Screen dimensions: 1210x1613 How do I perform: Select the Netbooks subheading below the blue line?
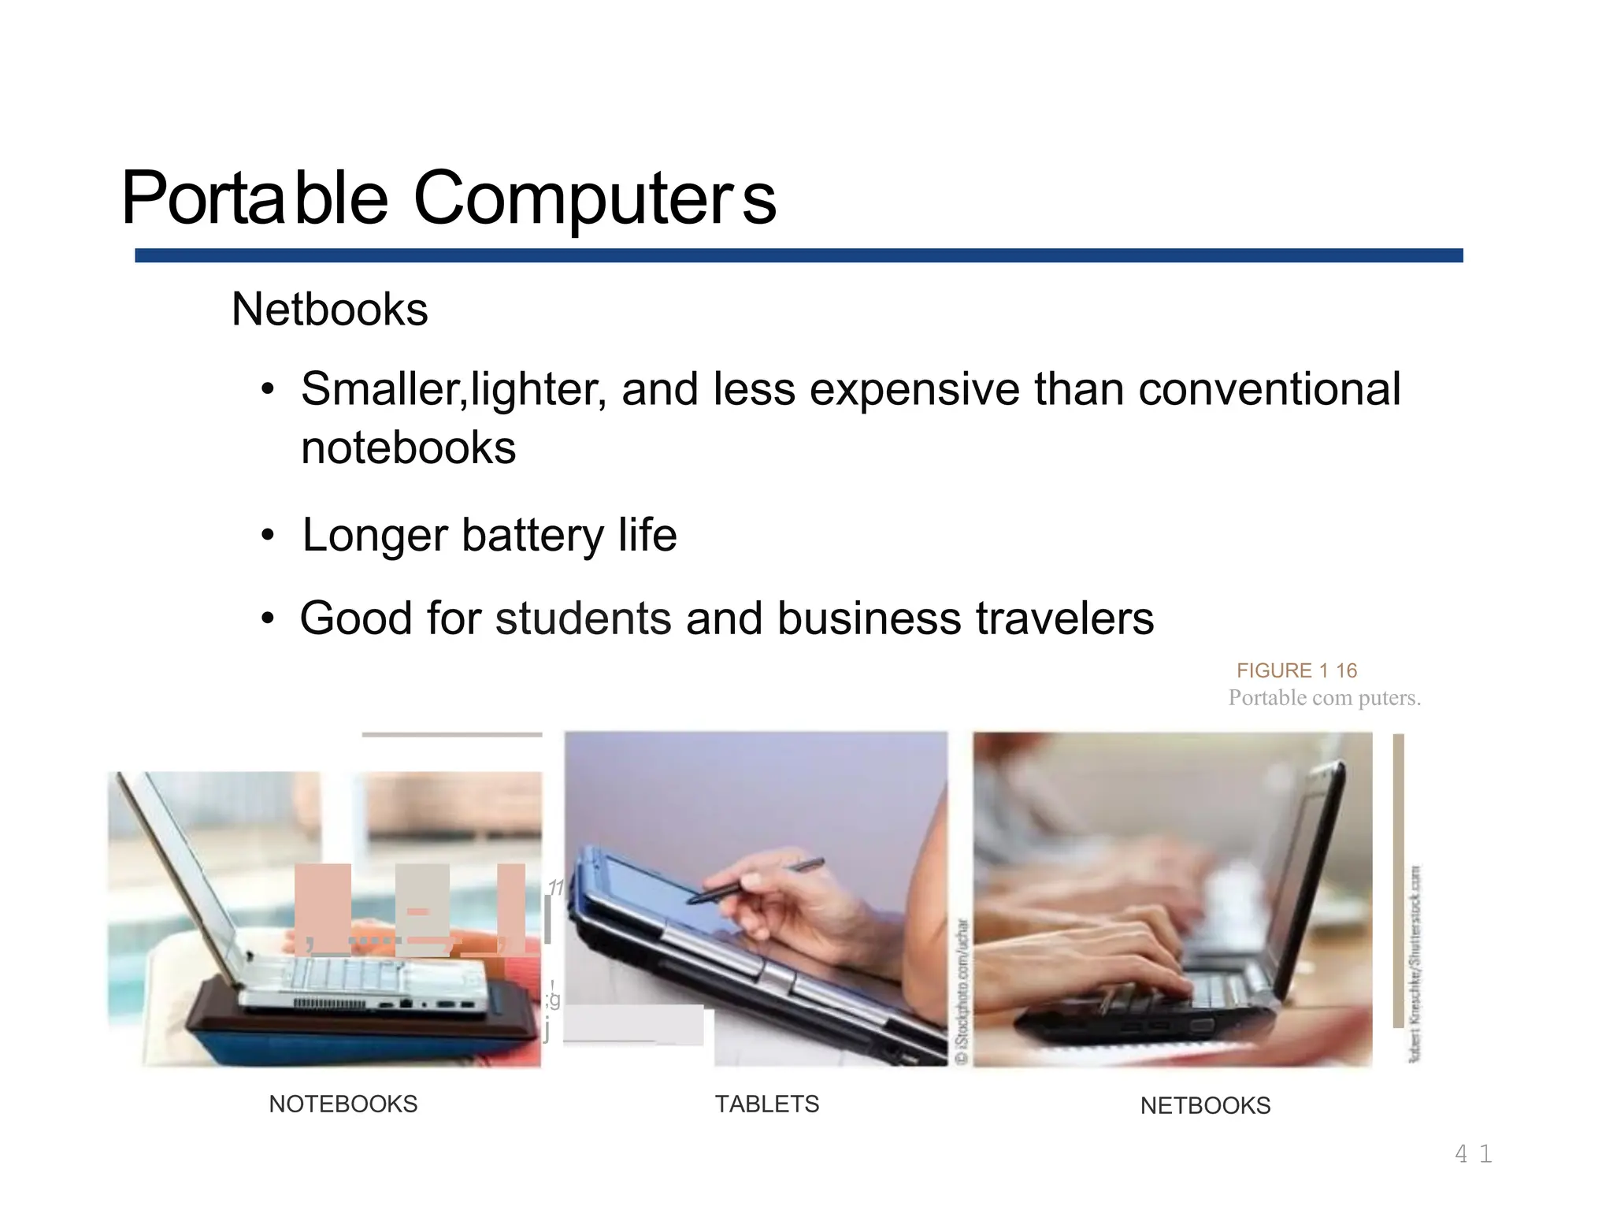(329, 309)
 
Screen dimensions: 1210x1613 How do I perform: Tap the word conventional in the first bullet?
(1269, 389)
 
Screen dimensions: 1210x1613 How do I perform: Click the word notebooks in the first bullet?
(408, 448)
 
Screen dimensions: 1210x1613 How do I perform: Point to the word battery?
(532, 535)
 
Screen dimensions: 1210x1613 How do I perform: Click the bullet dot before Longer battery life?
(269, 536)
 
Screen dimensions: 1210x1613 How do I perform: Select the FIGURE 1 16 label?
(1296, 670)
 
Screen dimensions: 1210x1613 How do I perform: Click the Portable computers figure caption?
(1324, 698)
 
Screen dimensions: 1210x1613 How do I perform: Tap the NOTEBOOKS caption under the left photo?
(343, 1104)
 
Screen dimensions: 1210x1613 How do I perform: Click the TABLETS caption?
(766, 1104)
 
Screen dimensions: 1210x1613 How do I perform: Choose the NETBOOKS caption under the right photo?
(1205, 1106)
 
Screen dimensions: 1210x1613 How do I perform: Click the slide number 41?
(1473, 1154)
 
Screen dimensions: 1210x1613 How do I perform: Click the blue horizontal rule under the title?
(798, 255)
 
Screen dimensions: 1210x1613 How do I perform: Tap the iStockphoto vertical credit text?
(961, 993)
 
